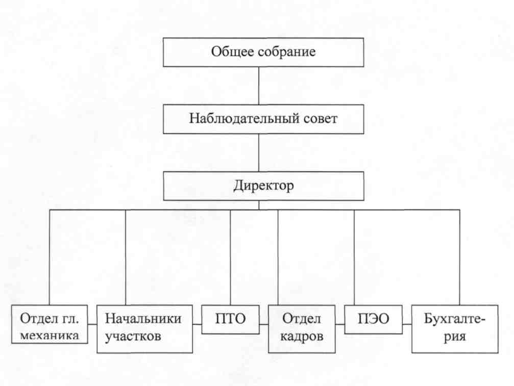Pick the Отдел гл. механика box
[x=50, y=322]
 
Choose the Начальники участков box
[x=145, y=329]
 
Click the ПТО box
[x=230, y=319]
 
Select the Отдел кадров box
[x=302, y=329]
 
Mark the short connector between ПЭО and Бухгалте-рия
[x=406, y=323]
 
